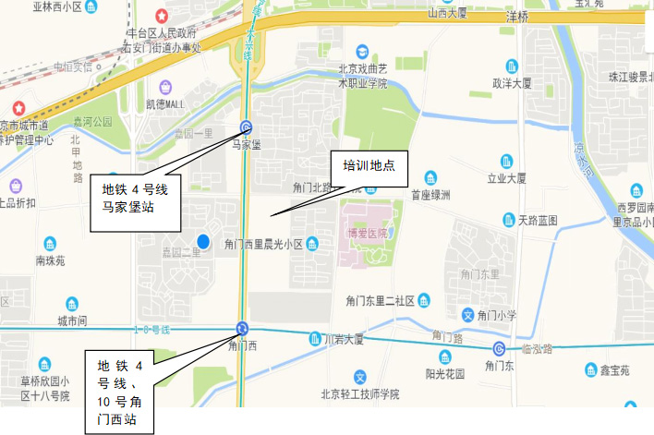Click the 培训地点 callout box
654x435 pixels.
tap(369, 166)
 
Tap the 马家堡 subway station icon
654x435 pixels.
tap(246, 128)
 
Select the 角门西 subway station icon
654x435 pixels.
tap(242, 328)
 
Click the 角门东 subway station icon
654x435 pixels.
tap(499, 348)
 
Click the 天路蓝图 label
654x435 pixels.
tap(539, 220)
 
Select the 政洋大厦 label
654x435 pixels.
tap(513, 82)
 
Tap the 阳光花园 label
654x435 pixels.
tap(444, 373)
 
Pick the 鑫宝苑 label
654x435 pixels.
tap(612, 370)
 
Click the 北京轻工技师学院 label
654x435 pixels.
tap(360, 393)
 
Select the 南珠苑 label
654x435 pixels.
tap(51, 260)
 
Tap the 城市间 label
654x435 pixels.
tap(71, 320)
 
